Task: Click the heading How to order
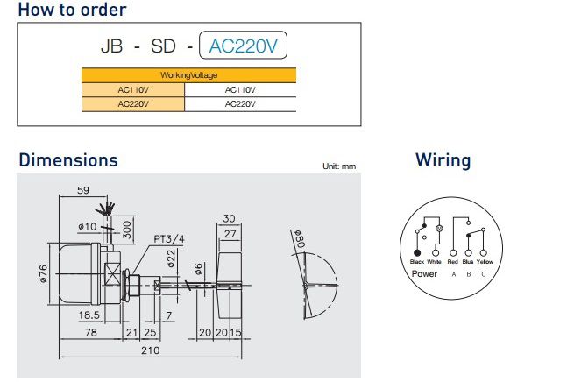[72, 11]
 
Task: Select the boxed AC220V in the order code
[244, 46]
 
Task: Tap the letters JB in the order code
[110, 46]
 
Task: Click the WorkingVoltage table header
[188, 75]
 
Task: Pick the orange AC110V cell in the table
[134, 89]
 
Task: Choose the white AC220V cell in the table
[240, 103]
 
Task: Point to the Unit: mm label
[339, 166]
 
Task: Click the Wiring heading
[443, 160]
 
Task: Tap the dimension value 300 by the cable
[128, 230]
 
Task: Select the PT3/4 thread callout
[169, 238]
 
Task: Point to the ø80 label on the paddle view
[298, 239]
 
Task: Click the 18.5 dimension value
[87, 314]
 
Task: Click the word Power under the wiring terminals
[424, 273]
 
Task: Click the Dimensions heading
[68, 160]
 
